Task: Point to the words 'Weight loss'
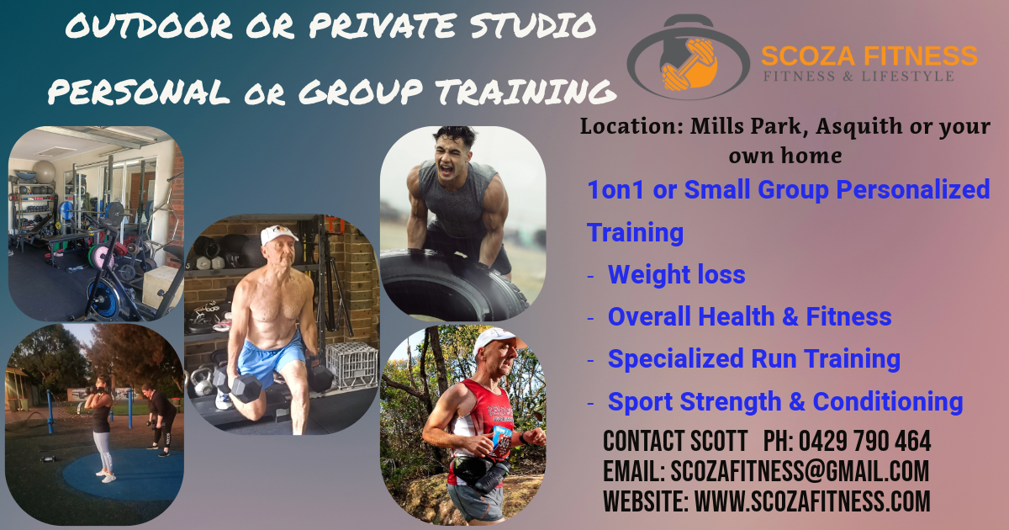676,274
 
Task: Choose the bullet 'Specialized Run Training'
753,359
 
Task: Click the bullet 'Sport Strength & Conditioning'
784,401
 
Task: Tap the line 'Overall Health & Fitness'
749,317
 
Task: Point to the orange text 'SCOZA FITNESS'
869,56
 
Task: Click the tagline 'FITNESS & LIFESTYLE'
858,77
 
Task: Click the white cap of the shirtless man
277,233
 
